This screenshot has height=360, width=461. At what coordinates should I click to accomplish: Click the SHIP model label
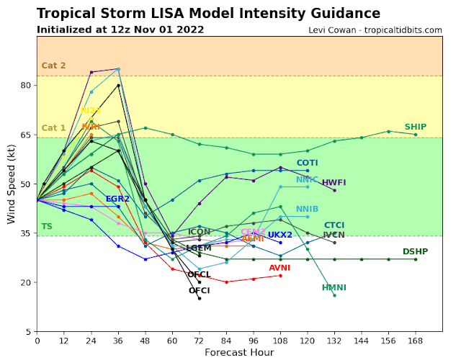tap(416, 127)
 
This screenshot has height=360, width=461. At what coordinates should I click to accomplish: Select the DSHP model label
tap(416, 251)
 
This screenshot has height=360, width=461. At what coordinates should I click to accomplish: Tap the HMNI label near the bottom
tap(334, 288)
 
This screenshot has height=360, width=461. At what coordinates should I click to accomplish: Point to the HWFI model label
tap(334, 183)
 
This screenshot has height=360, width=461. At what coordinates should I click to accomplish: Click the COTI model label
tap(308, 163)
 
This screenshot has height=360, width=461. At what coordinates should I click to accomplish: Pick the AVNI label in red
tap(279, 268)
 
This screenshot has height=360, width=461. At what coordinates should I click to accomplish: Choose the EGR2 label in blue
tap(117, 199)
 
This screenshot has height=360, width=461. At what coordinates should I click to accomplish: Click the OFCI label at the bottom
tap(200, 291)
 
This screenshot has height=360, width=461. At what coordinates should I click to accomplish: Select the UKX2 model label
tap(280, 235)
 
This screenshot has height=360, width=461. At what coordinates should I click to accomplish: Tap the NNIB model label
tap(308, 210)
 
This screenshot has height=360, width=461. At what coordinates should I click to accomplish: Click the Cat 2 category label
tap(53, 66)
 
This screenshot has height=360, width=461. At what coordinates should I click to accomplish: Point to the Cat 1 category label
tap(53, 128)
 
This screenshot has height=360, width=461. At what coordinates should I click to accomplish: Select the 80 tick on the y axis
tap(25, 85)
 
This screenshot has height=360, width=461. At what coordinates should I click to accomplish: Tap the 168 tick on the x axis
tap(415, 340)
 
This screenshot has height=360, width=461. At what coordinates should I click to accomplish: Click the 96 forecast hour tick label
tap(253, 340)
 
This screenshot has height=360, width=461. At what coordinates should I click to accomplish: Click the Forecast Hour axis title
tap(239, 352)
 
